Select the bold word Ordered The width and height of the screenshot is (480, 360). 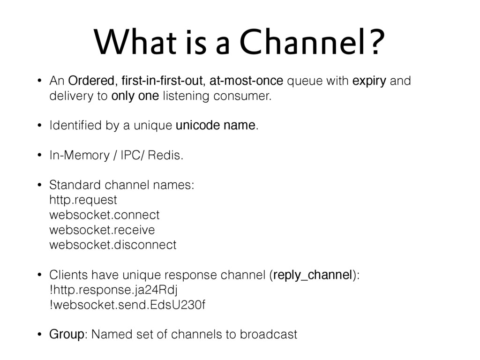point(91,81)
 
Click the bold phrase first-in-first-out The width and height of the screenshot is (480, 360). point(162,81)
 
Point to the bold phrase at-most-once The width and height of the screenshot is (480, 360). point(246,81)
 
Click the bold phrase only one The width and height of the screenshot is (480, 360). point(135,96)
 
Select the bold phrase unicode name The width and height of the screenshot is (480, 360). point(216,125)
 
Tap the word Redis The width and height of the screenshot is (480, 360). point(164,155)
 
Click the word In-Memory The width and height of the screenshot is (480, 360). point(79,156)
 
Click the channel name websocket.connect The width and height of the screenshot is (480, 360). point(105,215)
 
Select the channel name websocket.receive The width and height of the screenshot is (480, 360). point(102,230)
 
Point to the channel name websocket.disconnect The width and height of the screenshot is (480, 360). point(112,245)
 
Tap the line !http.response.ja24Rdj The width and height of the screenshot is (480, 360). point(113,290)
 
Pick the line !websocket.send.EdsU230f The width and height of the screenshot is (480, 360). point(127,305)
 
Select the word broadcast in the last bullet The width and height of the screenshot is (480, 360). point(269,334)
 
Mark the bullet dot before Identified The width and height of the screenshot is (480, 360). point(39,125)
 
